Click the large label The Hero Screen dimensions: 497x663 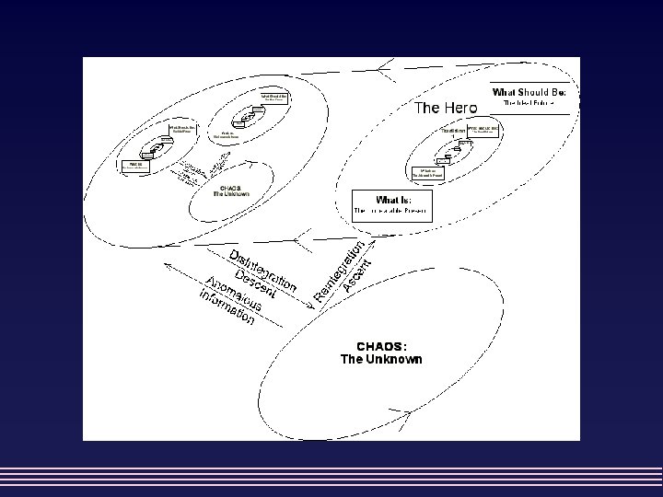click(x=446, y=108)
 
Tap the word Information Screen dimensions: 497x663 click(x=225, y=306)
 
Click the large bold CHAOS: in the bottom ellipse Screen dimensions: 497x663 click(x=381, y=346)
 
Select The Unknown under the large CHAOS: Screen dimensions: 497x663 click(x=381, y=359)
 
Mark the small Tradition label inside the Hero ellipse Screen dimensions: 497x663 click(x=452, y=131)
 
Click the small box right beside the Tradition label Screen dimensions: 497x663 click(x=483, y=130)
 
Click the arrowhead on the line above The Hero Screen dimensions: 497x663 click(x=385, y=64)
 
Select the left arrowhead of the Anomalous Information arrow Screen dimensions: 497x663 click(x=167, y=265)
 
